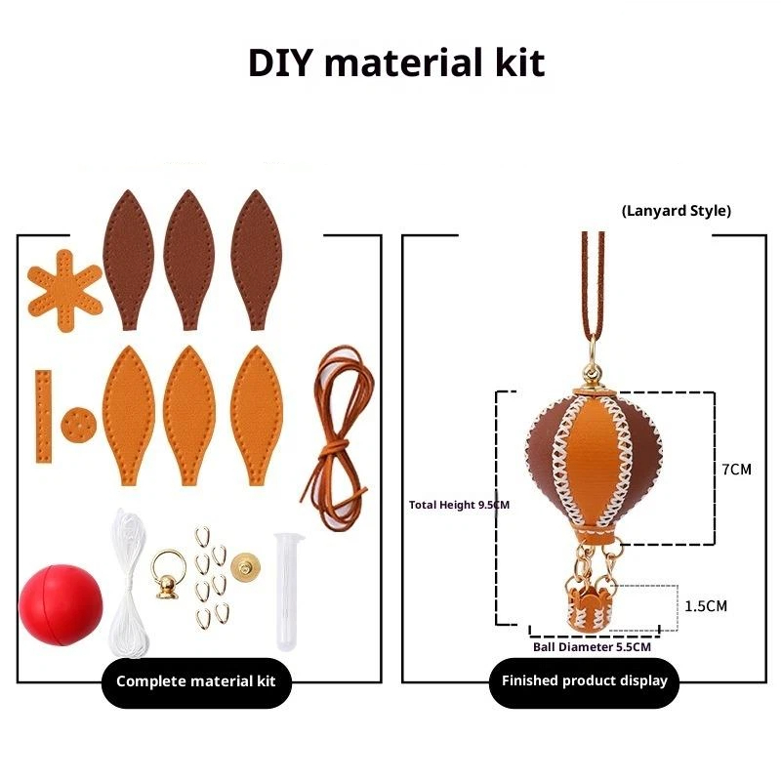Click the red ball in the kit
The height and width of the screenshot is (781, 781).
point(61,604)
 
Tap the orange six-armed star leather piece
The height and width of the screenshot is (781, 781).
point(64,290)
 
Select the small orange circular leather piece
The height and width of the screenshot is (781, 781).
point(79,425)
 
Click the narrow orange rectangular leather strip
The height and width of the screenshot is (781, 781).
point(43,417)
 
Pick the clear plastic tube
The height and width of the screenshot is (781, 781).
point(287,592)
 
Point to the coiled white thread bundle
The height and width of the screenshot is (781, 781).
point(129,585)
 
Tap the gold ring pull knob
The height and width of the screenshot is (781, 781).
point(168,574)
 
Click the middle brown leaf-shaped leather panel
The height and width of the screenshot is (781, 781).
point(188,259)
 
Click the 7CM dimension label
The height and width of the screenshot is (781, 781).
point(736,470)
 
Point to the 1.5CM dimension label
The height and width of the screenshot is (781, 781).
point(706,606)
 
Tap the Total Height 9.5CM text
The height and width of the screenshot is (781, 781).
point(459,505)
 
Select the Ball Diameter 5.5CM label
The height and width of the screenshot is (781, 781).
point(592,647)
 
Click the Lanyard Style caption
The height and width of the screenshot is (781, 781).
point(677,211)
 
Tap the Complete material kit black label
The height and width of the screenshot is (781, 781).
point(196,681)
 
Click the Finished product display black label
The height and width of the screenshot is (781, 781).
point(584,680)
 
